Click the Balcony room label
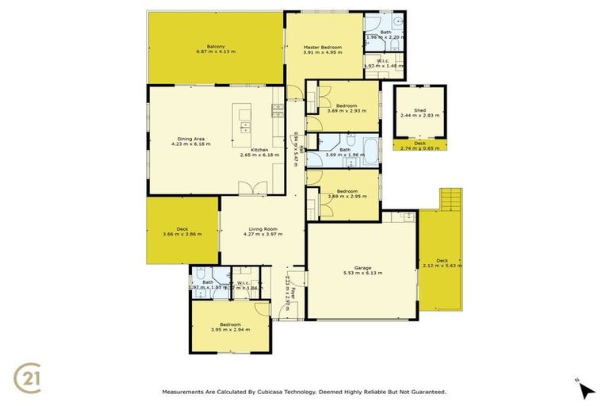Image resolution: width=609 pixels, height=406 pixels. [216, 47]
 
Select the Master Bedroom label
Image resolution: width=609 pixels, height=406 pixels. [323, 48]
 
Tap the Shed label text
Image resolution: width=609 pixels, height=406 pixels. [419, 110]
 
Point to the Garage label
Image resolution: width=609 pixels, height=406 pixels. [363, 267]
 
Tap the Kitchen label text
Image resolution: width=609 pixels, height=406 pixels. [259, 149]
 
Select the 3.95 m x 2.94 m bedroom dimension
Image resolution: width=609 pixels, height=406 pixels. [230, 330]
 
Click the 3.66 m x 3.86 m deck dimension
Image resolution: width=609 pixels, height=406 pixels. [182, 234]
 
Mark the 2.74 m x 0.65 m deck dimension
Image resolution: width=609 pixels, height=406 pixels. [419, 148]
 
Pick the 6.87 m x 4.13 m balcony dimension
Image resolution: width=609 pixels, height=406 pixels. [216, 52]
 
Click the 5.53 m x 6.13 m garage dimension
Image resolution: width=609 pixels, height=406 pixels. [363, 273]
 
